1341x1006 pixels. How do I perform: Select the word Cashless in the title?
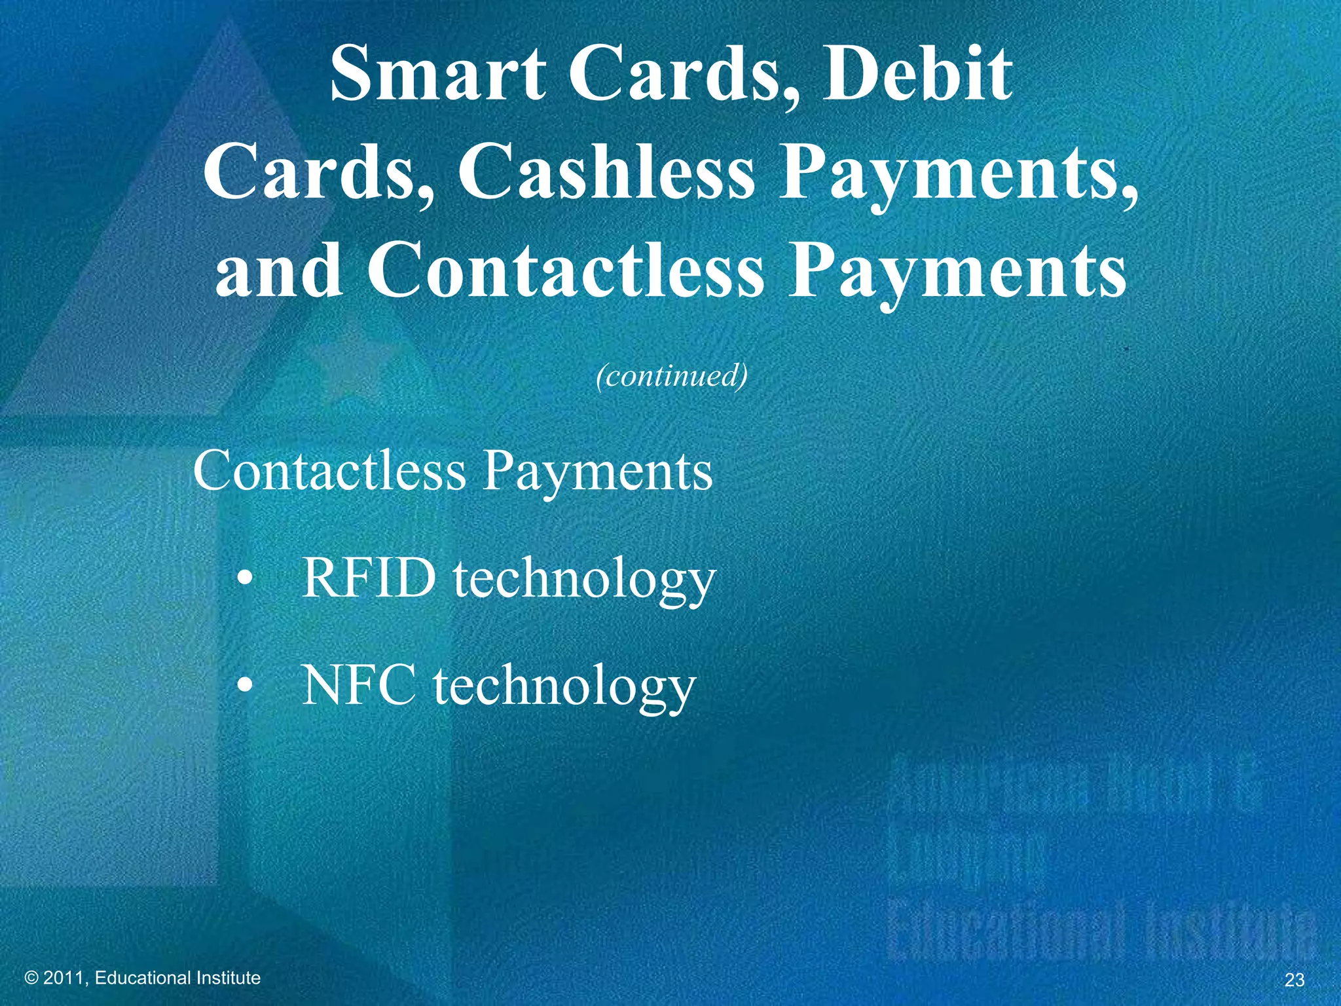coord(606,172)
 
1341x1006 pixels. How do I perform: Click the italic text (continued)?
coord(671,376)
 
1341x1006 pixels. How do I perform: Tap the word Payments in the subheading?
coord(597,472)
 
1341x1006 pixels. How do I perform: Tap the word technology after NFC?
coord(564,688)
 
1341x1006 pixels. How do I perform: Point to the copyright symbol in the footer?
coord(31,978)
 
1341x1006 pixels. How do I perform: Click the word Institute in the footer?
coord(229,978)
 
